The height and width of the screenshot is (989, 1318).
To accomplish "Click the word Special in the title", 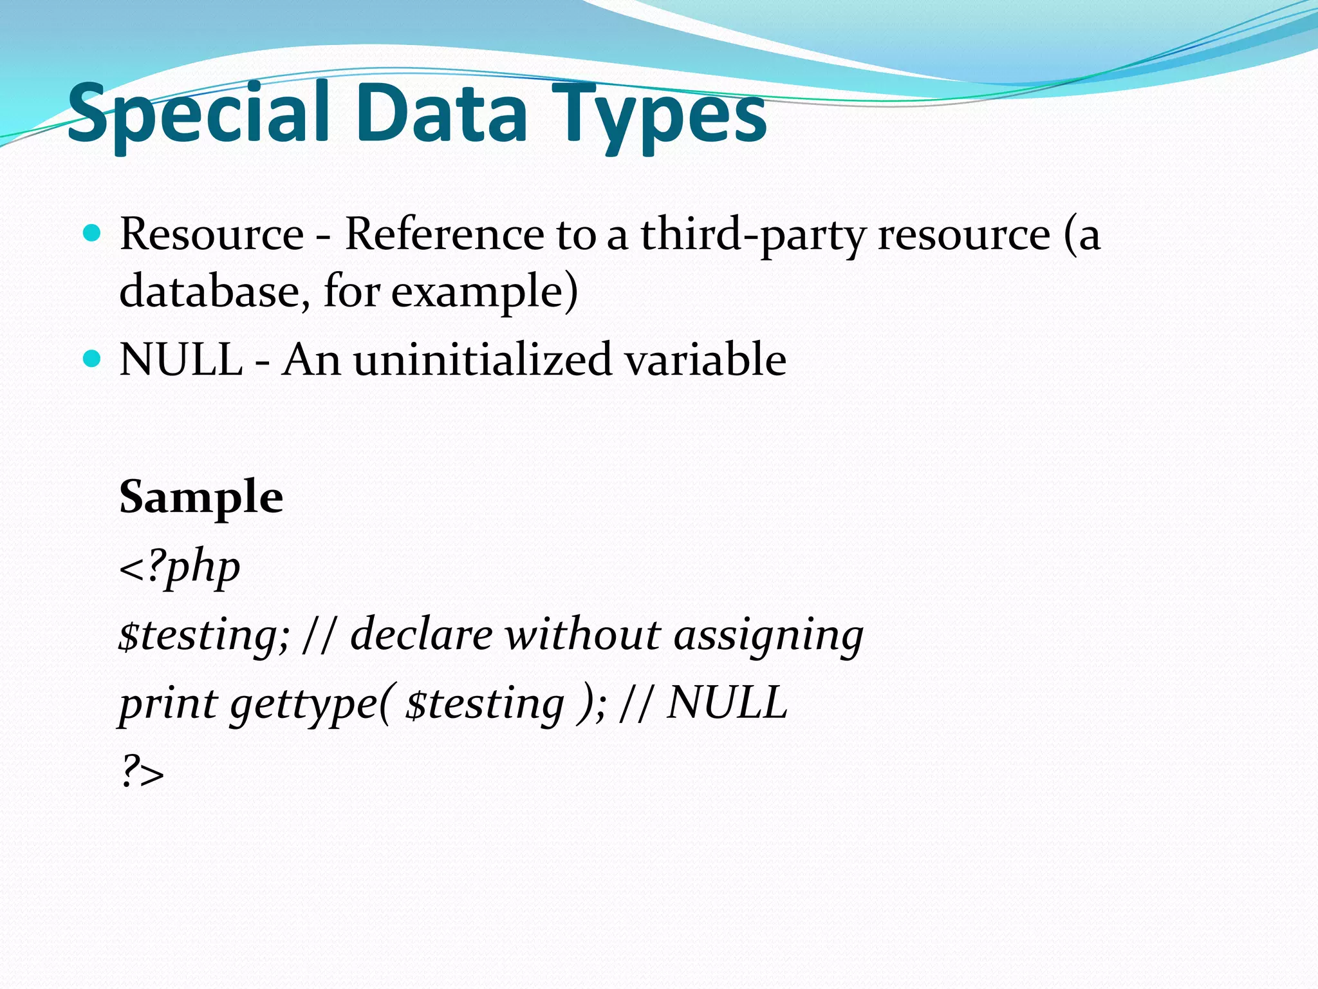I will pos(200,114).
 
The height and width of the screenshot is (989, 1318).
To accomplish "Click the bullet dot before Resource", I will pos(93,233).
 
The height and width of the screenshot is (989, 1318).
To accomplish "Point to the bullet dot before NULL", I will pos(93,359).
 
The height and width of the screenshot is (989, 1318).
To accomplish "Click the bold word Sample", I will pos(201,497).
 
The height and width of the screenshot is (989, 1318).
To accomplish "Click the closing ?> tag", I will pos(142,771).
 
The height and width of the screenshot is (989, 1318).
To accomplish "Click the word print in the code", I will pos(169,703).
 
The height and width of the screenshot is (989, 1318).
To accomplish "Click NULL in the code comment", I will pos(727,702).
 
